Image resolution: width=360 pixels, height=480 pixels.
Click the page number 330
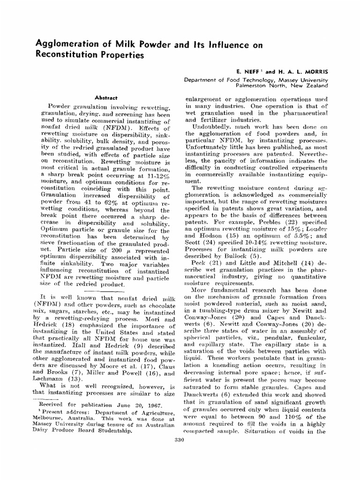(179, 439)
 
